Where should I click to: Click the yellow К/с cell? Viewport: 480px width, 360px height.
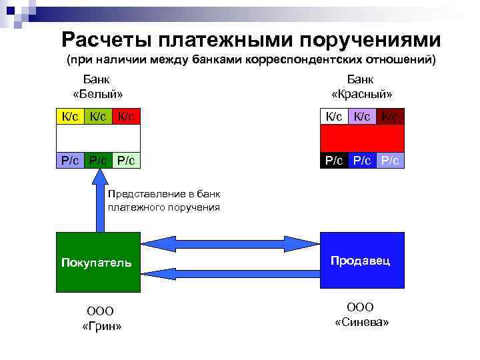click(x=70, y=117)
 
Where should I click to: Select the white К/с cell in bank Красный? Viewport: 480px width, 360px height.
click(x=334, y=117)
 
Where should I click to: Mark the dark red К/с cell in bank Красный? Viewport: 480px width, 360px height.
click(x=390, y=117)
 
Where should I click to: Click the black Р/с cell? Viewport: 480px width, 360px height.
click(x=334, y=161)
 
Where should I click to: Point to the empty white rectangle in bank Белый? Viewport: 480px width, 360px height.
click(x=98, y=139)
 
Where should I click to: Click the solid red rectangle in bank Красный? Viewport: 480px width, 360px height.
click(x=362, y=139)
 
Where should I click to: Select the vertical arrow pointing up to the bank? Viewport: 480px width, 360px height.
click(x=99, y=200)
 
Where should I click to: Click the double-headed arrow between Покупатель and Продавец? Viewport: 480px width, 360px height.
click(x=231, y=242)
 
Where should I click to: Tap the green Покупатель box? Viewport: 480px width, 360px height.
click(x=98, y=262)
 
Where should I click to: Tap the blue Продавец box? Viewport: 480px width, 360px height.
click(x=362, y=260)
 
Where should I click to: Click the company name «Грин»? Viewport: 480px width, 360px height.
click(x=101, y=326)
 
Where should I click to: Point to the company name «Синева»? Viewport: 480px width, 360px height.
click(x=361, y=322)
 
